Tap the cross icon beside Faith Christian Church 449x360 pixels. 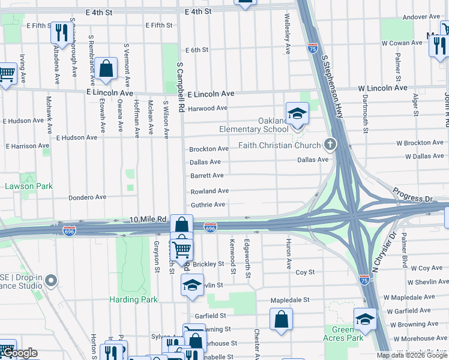click(329, 145)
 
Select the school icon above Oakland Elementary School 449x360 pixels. click(297, 113)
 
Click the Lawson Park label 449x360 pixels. click(29, 187)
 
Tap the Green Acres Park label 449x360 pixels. click(347, 334)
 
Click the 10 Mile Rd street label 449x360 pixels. click(148, 220)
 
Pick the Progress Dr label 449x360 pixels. click(412, 194)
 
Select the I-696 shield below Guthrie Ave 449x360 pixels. click(209, 227)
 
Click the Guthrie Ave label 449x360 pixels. click(208, 205)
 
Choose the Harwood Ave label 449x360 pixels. click(208, 109)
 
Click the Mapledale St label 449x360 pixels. click(289, 299)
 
